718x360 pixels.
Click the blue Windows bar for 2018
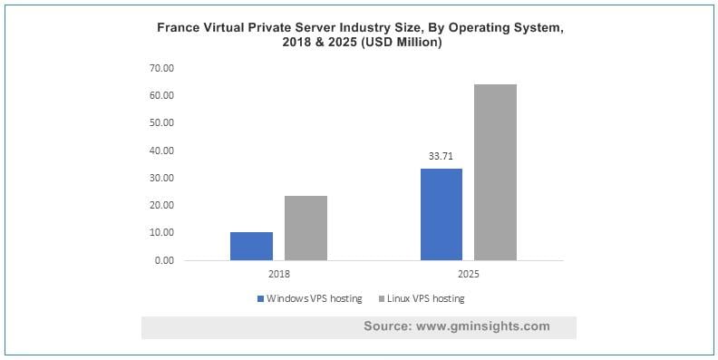tap(251, 246)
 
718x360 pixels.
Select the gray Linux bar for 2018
tap(306, 228)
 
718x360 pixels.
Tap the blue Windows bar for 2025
tap(441, 214)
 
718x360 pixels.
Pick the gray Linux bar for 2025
tap(495, 172)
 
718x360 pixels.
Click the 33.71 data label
tap(441, 156)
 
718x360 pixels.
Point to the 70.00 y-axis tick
tap(161, 68)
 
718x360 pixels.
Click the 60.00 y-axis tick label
tap(161, 95)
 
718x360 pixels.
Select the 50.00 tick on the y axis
tap(161, 122)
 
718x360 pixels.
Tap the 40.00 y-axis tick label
tap(161, 151)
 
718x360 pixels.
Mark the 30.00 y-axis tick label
tap(161, 178)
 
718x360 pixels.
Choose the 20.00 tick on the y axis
tap(161, 205)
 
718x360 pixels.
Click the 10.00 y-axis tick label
tap(161, 233)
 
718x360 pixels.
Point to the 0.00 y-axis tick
tap(164, 260)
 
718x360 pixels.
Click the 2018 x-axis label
tap(278, 274)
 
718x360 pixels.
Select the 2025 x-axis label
tap(468, 274)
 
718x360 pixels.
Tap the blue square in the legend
tap(260, 298)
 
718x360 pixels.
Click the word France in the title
tap(181, 28)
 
